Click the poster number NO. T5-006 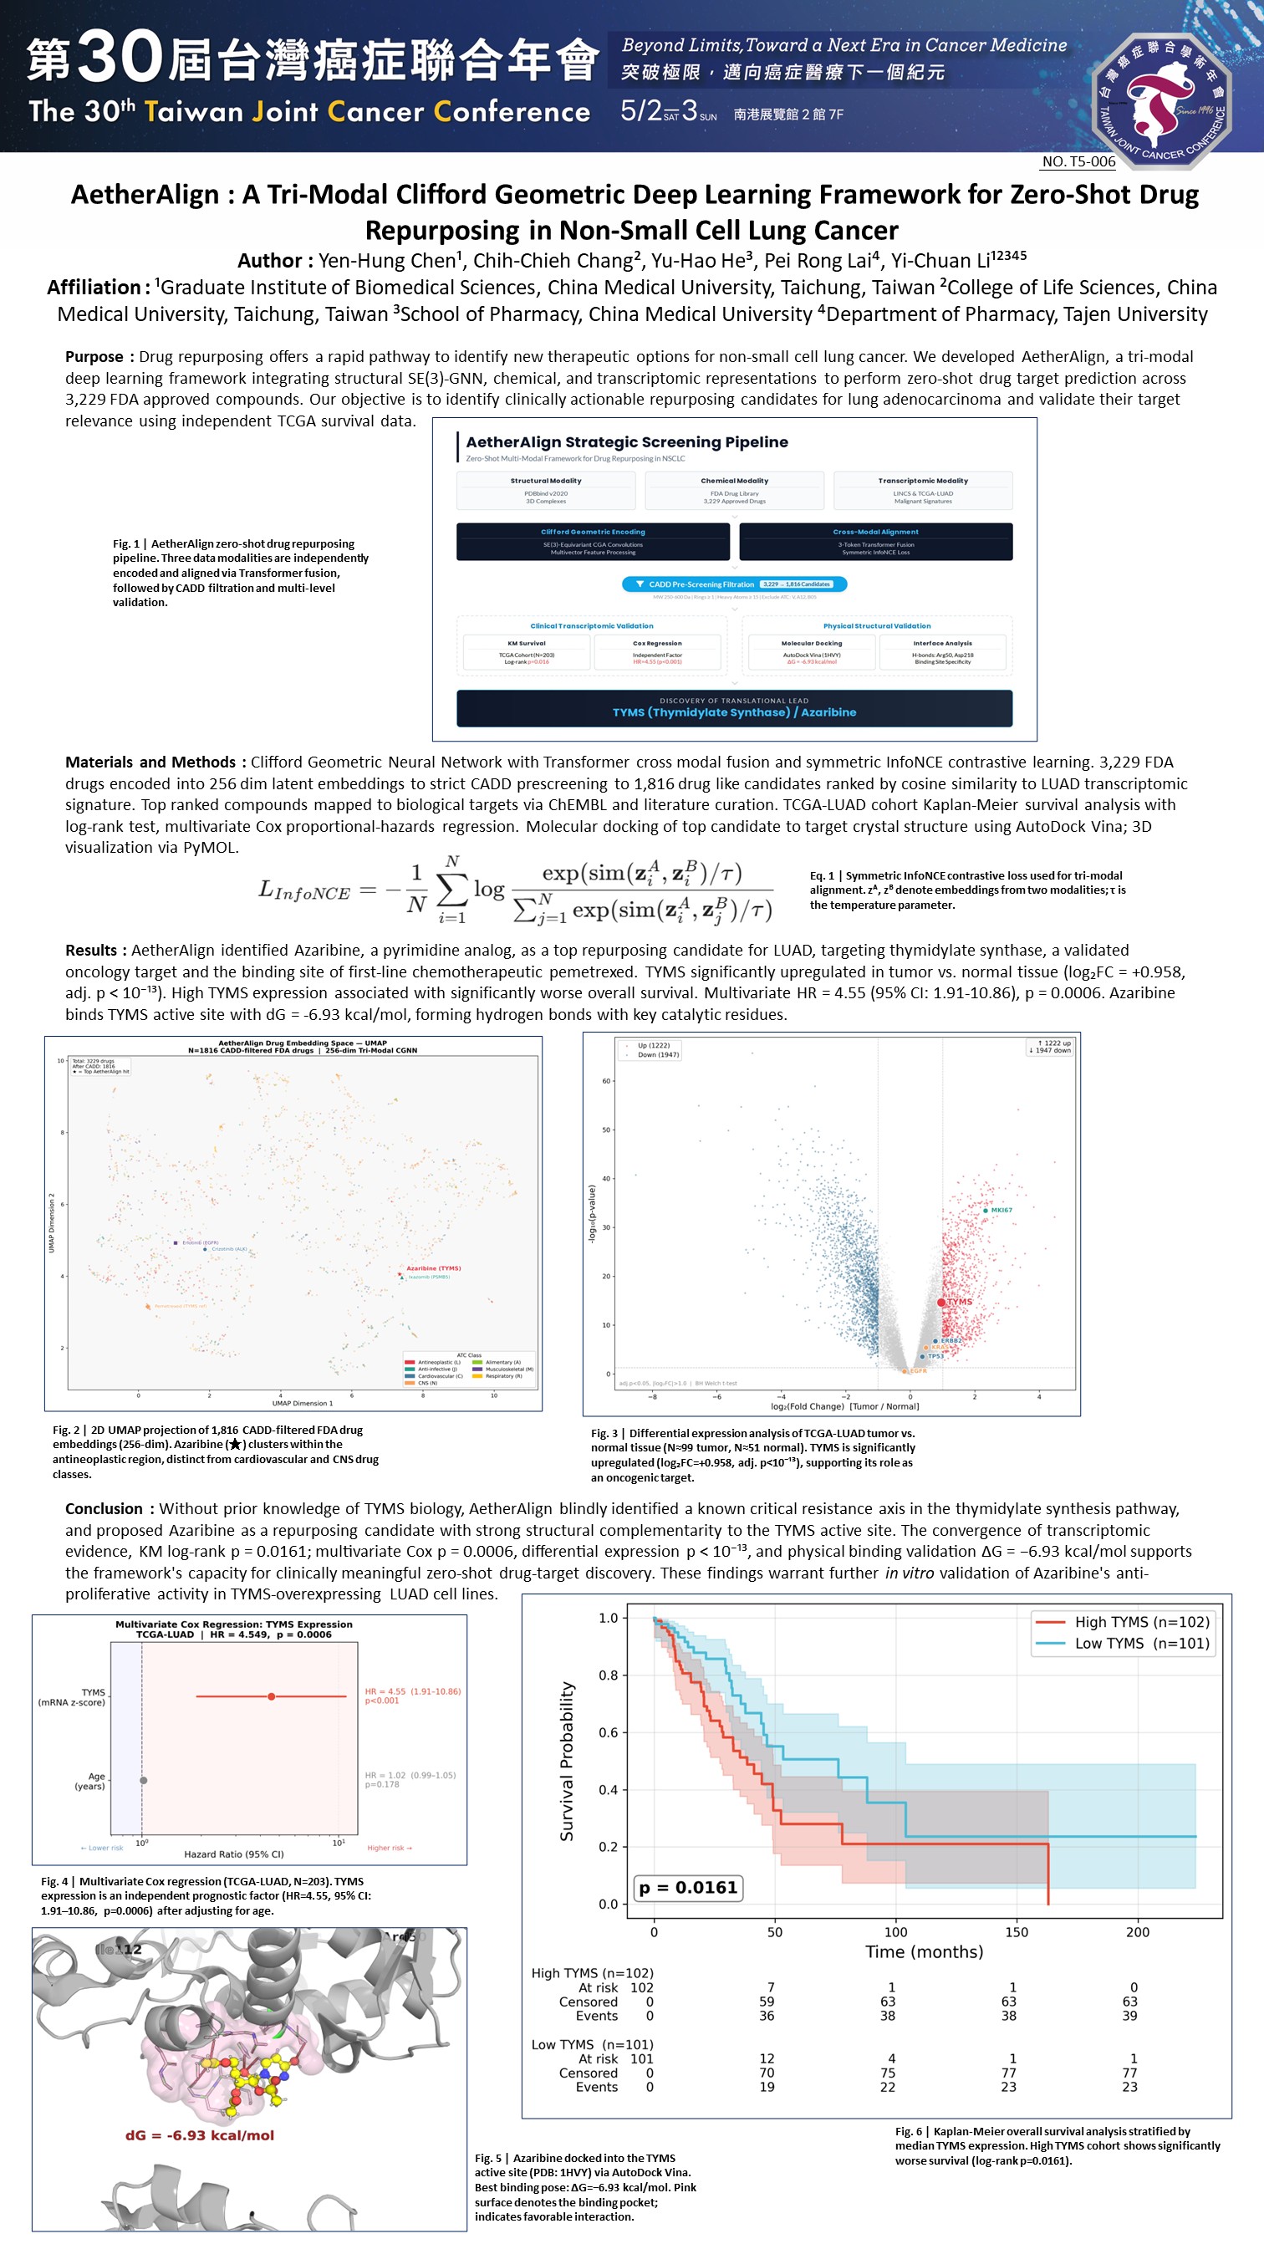click(x=1078, y=161)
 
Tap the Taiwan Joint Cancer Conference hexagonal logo click(x=1161, y=100)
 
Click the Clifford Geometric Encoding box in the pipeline click(x=593, y=541)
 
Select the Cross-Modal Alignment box click(x=875, y=541)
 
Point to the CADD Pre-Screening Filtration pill click(x=734, y=584)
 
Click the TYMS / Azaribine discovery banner click(x=734, y=707)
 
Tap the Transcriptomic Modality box click(x=923, y=490)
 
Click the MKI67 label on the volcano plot click(x=1001, y=1210)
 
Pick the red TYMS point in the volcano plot click(x=940, y=1303)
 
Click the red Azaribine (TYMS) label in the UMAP click(x=434, y=1268)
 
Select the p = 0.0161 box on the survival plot click(x=688, y=1887)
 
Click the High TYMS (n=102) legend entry click(x=1124, y=1622)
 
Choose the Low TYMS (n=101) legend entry click(x=1124, y=1644)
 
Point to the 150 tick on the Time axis click(x=1017, y=1931)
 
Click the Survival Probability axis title click(x=567, y=1761)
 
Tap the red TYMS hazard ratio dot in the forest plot click(x=272, y=1696)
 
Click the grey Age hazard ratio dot click(x=144, y=1780)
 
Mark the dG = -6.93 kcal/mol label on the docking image click(x=200, y=2135)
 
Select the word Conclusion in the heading click(x=104, y=1509)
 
